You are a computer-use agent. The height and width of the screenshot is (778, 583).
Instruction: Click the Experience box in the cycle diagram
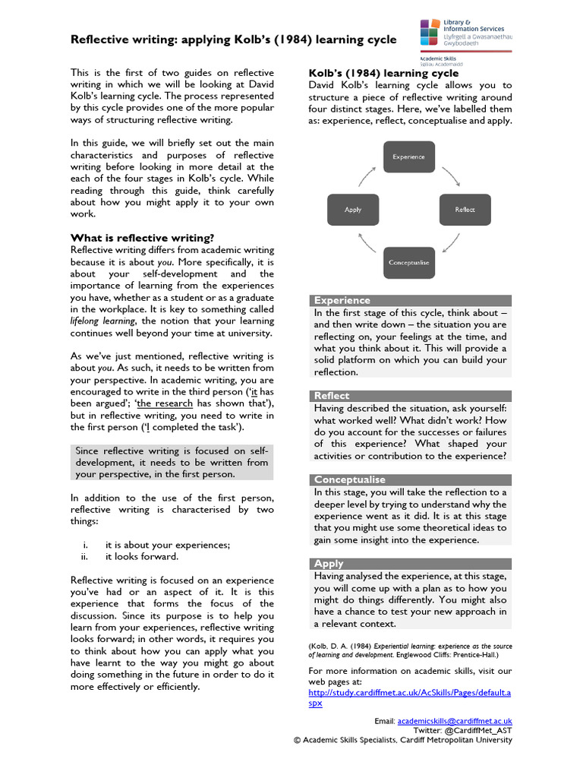408,157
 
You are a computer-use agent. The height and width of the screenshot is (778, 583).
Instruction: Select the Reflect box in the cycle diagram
465,209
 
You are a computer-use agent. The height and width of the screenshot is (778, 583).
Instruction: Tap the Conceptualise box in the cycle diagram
408,262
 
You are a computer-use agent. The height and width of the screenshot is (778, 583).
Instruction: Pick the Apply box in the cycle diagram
353,209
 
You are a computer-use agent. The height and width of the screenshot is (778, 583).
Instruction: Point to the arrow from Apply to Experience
367,176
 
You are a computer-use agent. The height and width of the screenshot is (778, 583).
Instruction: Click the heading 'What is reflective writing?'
142,238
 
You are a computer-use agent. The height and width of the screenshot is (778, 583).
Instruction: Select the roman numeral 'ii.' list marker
85,556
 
